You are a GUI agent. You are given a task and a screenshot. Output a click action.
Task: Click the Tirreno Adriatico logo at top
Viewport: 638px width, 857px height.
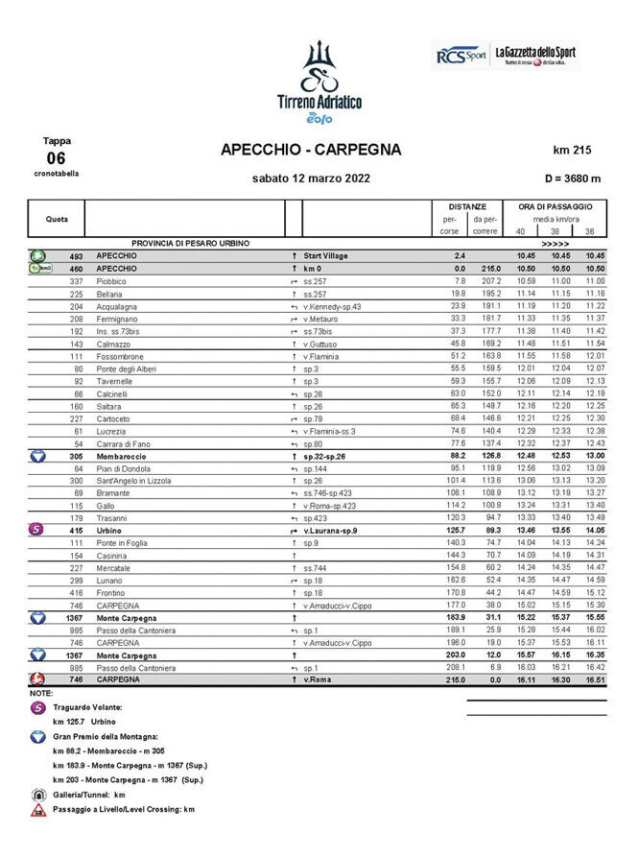coord(319,82)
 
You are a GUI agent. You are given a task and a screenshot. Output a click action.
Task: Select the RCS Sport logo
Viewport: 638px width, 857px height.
coord(461,56)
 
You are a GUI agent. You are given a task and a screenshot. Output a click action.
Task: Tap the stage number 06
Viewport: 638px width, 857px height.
coord(56,157)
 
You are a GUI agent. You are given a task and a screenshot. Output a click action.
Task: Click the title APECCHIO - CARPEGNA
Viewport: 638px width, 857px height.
coord(311,150)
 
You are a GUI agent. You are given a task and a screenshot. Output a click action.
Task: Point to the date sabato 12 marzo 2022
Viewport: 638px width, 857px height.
coord(311,178)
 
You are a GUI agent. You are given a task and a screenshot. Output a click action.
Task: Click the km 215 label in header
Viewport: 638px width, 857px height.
coord(572,150)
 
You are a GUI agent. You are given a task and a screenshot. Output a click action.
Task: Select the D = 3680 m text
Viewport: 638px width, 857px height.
coord(573,178)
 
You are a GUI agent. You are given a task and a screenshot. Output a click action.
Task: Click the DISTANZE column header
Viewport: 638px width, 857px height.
coord(467,206)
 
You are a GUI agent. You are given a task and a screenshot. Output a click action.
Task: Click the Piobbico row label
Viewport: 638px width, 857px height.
coord(112,281)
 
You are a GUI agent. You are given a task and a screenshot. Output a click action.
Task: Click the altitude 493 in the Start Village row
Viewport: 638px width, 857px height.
coord(77,256)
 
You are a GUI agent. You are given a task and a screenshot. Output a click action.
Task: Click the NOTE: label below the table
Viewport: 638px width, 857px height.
coord(41,691)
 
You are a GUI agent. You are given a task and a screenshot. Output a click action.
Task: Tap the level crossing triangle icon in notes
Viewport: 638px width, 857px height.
coord(37,810)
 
